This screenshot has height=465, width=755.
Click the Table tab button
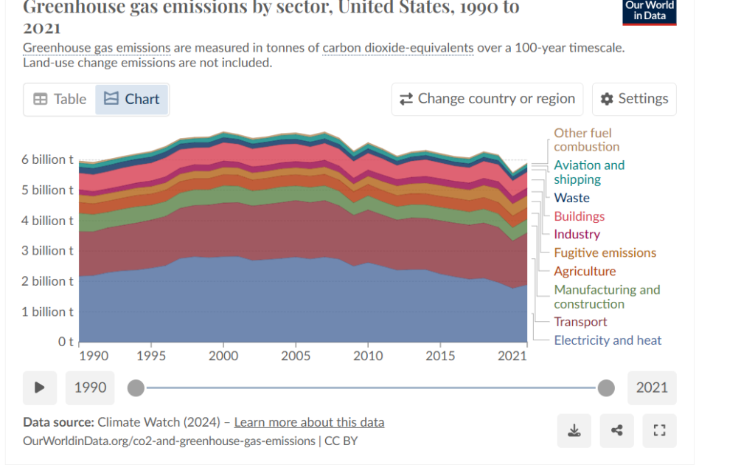(60, 99)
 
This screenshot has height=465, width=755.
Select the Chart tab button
(132, 99)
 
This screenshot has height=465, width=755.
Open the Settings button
(634, 99)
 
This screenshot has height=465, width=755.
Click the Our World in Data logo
(649, 10)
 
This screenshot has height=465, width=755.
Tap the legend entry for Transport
(580, 322)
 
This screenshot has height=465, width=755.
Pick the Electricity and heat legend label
(608, 340)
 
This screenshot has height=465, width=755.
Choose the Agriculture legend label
(585, 271)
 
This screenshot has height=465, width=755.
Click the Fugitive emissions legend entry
(605, 252)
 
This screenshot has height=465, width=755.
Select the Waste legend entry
(571, 198)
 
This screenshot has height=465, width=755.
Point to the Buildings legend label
(579, 216)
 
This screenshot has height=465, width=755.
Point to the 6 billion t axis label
(48, 159)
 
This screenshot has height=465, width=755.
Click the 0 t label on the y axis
(66, 342)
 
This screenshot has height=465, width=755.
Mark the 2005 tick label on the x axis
(296, 356)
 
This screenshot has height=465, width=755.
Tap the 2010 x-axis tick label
(368, 356)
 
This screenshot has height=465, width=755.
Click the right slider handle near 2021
(606, 387)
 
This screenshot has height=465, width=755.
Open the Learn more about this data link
(309, 422)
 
